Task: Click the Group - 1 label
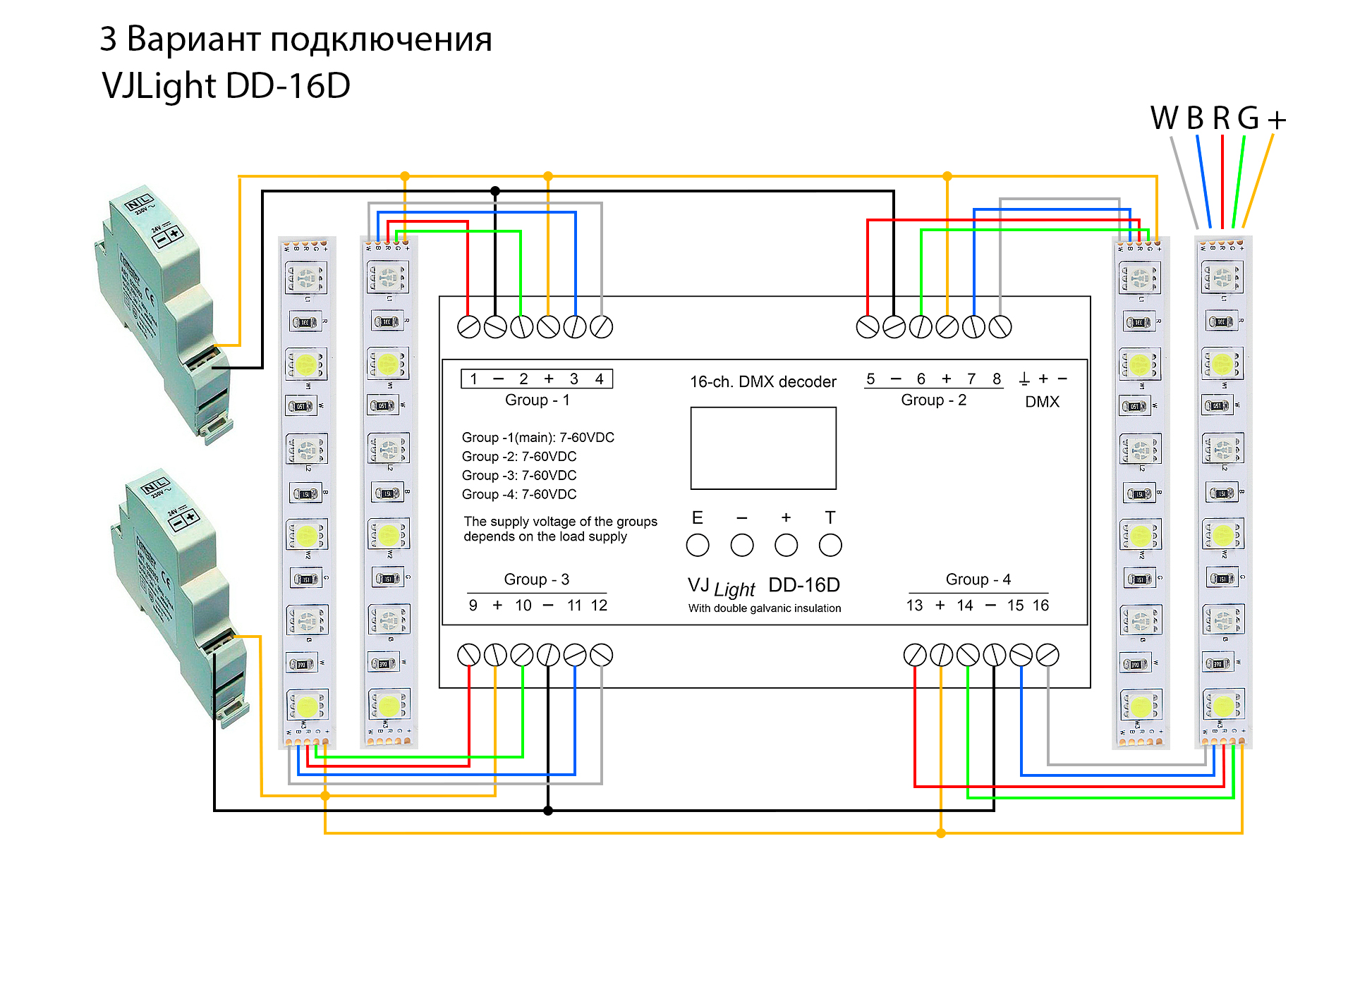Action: pos(537,400)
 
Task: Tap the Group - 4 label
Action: pos(978,579)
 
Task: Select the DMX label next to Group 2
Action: pos(1042,402)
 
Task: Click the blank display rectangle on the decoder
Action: pos(763,448)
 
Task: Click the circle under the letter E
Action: pos(698,545)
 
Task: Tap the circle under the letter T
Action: pos(830,545)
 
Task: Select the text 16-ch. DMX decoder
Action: pos(763,382)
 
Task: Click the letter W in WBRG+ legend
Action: pos(1164,118)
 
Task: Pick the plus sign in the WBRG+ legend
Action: pos(1277,120)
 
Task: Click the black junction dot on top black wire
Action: pos(495,191)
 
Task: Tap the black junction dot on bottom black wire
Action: pos(548,811)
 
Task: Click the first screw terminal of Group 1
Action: pos(468,327)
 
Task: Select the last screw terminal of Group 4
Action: pos(1048,655)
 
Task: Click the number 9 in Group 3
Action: pos(473,606)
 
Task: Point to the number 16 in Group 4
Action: pos(1040,606)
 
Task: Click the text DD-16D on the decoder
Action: pos(803,585)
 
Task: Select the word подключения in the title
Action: pos(381,39)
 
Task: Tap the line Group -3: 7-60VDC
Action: pos(519,476)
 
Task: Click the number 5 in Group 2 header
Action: pos(870,379)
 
